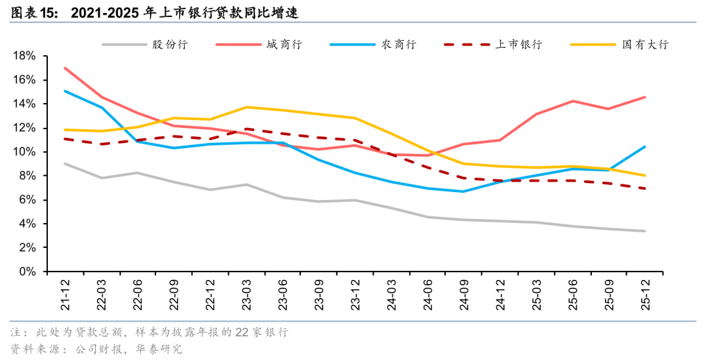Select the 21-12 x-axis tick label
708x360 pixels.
(x=64, y=293)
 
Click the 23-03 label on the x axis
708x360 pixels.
(x=246, y=293)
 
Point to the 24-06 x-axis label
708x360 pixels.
(x=427, y=293)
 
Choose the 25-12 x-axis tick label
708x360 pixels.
(x=645, y=293)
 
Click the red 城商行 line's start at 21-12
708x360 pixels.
(x=64, y=68)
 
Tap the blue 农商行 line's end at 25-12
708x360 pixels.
(x=645, y=147)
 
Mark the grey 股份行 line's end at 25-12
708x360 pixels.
(x=645, y=231)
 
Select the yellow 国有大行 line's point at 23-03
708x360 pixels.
(x=246, y=107)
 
